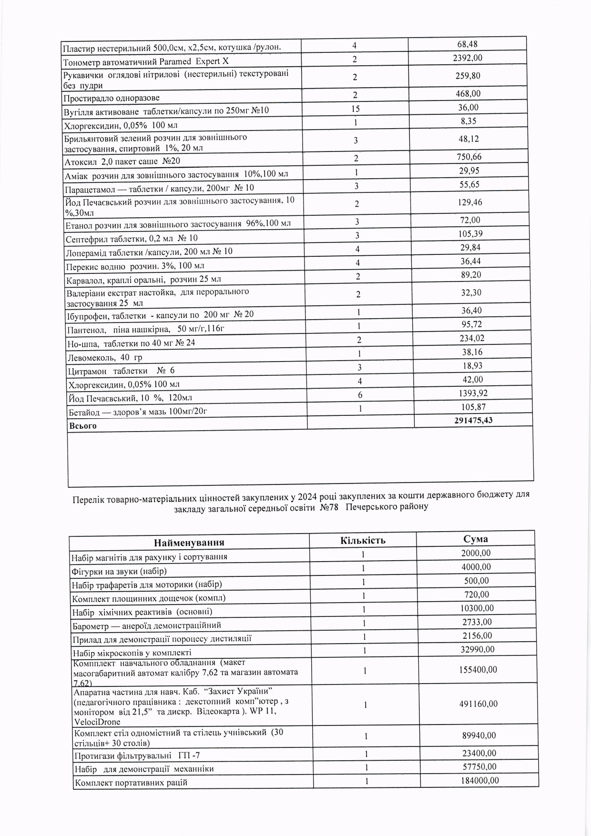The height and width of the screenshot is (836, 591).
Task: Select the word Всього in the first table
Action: point(83,426)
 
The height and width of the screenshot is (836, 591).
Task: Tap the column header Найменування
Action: point(189,543)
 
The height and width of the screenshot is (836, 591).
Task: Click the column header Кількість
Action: point(363,540)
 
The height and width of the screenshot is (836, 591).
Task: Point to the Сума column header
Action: point(475,539)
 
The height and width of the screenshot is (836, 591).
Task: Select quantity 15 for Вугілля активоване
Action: point(356,109)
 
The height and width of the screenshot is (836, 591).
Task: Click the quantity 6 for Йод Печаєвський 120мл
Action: point(360,395)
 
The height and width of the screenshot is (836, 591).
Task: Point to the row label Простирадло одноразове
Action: point(112,98)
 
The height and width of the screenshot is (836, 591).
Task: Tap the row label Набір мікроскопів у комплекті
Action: point(132,653)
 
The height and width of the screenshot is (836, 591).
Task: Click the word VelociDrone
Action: point(98,722)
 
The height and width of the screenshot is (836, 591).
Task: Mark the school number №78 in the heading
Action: point(329,507)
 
